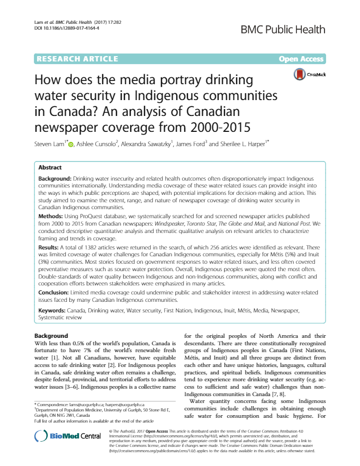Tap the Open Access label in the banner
click(x=301, y=59)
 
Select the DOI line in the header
click(x=63, y=28)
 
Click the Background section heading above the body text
click(x=51, y=336)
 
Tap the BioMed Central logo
click(x=67, y=435)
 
